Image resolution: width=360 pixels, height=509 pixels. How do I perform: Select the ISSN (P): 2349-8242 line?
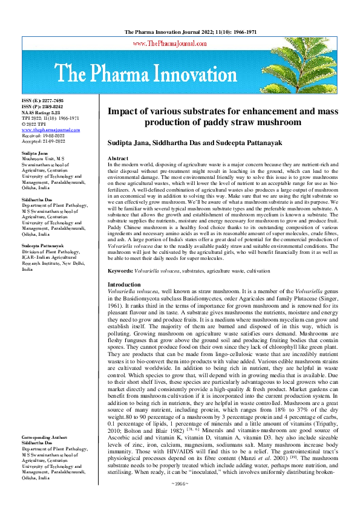click(42, 106)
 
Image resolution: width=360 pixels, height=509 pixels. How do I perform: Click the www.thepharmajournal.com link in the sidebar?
click(47, 130)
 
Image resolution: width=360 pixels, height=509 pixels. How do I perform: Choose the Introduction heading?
click(124, 284)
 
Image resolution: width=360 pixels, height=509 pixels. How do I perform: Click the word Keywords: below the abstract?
click(120, 272)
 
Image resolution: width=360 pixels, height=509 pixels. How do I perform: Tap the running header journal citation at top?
click(180, 30)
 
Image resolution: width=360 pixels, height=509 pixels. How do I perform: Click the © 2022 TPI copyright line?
click(35, 124)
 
